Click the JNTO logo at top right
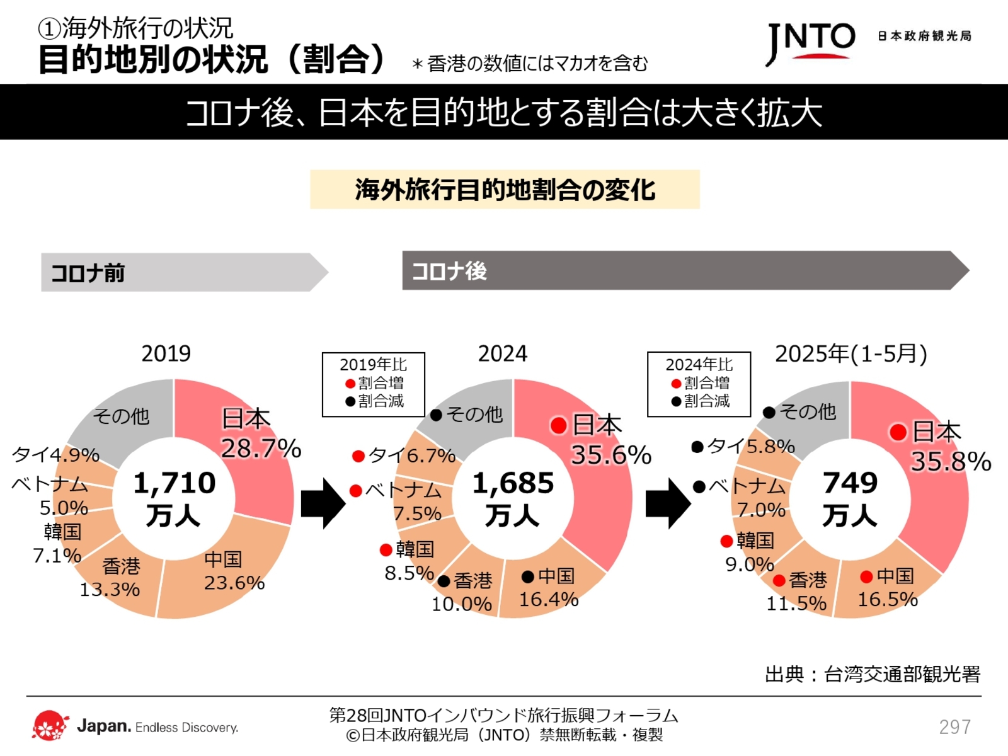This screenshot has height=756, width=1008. pos(811,42)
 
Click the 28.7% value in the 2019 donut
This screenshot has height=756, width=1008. pos(261,449)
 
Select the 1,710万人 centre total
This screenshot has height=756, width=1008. pos(174,498)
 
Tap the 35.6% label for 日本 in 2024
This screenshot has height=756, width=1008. pos(610,455)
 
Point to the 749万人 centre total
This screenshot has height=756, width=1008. pos(850,498)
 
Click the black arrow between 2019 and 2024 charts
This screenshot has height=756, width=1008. pos(323,503)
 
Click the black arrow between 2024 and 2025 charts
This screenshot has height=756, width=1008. pos(668,503)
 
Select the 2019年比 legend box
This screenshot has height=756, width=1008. pos(374,384)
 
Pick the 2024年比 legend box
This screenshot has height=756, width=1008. pos(699,384)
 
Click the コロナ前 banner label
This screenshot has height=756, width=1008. pos(88,273)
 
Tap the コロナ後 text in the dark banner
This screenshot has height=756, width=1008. pos(449,271)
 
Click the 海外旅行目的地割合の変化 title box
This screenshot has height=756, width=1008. pos(505,189)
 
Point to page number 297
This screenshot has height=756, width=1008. pos(954,727)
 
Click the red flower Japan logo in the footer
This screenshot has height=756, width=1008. pos(50,726)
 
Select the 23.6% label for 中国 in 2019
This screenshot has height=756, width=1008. pos(234,583)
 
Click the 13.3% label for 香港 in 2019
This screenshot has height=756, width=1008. pos(110,590)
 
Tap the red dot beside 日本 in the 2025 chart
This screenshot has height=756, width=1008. pos(898,432)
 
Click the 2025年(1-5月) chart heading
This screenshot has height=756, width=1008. pos(850,354)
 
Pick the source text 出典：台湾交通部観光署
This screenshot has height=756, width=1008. pos(873,675)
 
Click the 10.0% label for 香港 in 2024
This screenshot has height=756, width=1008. pos(461,604)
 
